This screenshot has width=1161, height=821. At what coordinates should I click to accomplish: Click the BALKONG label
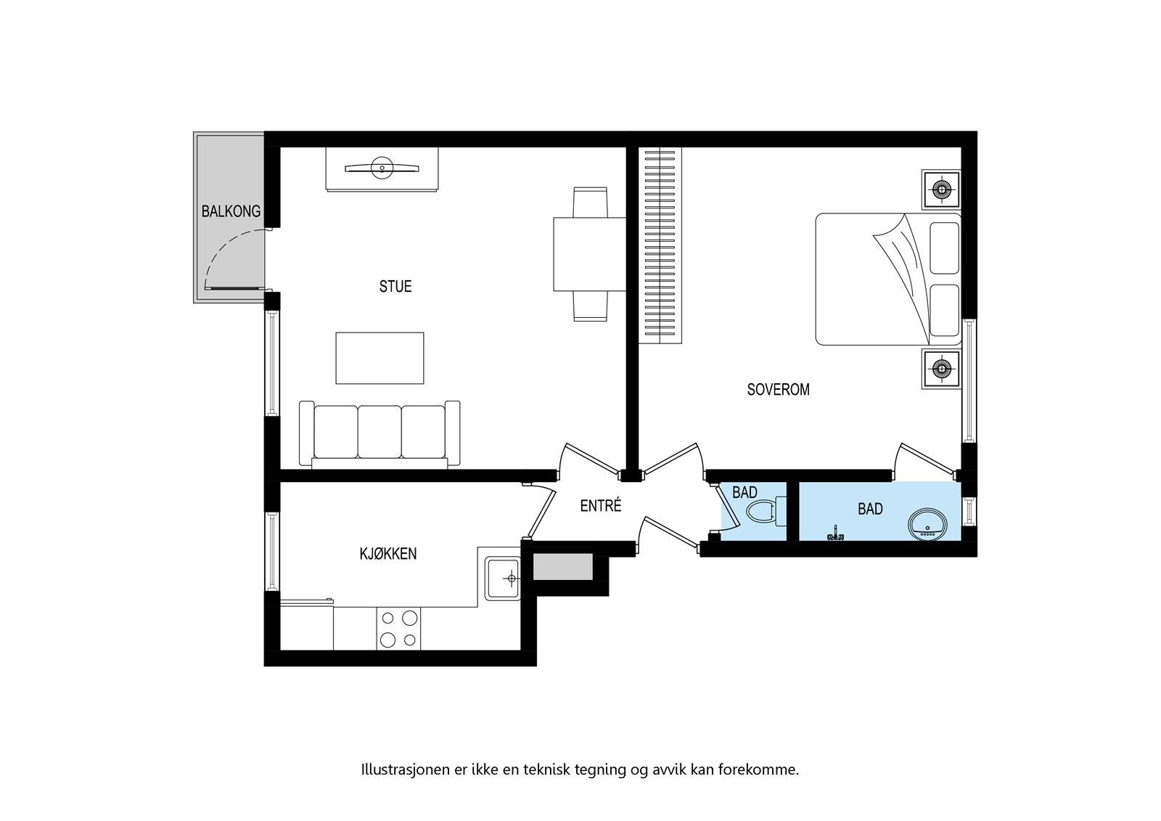230,211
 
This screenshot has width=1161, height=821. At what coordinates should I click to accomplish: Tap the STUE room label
395,286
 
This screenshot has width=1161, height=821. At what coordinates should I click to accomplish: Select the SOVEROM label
778,389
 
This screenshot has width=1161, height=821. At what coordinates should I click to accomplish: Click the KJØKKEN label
388,554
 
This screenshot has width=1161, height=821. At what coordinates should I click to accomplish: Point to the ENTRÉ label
601,506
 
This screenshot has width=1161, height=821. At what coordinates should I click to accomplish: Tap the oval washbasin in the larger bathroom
928,523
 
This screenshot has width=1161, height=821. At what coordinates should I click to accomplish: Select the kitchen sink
502,579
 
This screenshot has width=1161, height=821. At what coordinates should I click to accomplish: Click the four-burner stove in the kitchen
398,629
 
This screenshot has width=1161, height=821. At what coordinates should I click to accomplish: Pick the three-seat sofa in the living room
380,434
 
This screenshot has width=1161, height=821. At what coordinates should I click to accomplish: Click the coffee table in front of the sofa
380,358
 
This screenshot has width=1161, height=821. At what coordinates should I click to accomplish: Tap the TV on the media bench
382,168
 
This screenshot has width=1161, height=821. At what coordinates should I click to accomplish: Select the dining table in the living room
589,253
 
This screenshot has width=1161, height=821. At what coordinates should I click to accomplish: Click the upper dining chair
589,201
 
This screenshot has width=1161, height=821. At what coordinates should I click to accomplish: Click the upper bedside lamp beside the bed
941,189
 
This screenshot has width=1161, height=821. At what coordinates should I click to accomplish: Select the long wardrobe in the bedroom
660,245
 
